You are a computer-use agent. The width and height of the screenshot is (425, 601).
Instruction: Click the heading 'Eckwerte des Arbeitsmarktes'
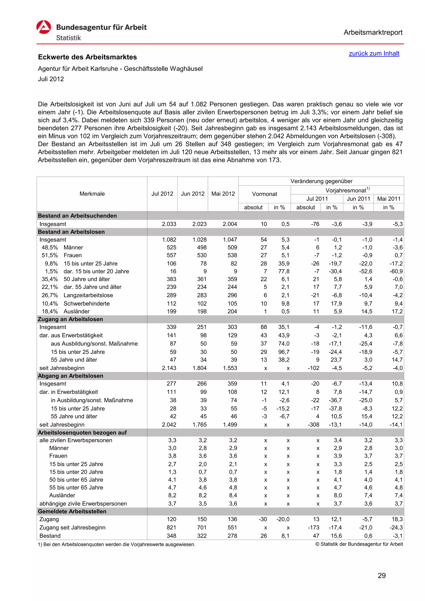click(x=87, y=57)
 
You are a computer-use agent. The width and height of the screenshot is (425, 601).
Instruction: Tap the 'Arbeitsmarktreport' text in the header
click(x=373, y=33)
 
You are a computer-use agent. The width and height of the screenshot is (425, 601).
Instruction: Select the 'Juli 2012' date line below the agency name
click(x=51, y=79)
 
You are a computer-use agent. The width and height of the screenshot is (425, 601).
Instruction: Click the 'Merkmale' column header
click(x=92, y=194)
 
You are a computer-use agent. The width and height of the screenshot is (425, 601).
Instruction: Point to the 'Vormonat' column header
click(x=264, y=194)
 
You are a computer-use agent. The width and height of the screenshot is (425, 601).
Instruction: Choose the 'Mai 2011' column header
click(x=389, y=199)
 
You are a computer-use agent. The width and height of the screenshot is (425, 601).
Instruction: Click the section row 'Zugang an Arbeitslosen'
click(x=70, y=319)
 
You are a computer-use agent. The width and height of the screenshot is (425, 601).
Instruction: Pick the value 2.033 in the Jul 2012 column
click(x=169, y=224)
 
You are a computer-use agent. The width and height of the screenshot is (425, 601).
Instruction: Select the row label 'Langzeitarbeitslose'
click(x=88, y=295)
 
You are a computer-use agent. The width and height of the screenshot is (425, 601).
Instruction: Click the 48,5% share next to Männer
click(x=49, y=248)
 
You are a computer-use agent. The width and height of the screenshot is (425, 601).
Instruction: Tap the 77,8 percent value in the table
click(x=284, y=271)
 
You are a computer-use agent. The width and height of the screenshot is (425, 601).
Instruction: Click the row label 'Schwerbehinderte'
click(x=87, y=304)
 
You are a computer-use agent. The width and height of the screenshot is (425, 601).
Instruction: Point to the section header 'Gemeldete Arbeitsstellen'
click(x=72, y=511)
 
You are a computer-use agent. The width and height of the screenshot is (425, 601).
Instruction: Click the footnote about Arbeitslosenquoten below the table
click(x=117, y=544)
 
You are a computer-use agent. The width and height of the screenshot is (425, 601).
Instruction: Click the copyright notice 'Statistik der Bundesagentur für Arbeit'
click(x=359, y=544)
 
